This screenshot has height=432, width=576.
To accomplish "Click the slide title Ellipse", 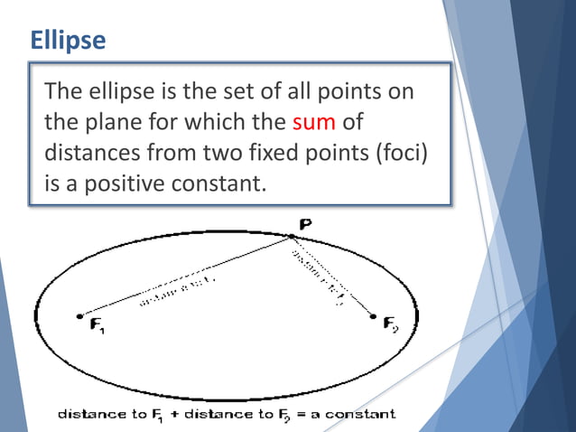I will click(68, 41).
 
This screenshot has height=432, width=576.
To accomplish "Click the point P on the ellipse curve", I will click(291, 237).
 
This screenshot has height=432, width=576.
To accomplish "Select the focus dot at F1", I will click(80, 316).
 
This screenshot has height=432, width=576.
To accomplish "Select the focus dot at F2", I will click(373, 316).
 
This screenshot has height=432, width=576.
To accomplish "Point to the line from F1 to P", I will click(185, 277).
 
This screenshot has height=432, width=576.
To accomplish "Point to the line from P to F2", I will click(332, 277).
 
